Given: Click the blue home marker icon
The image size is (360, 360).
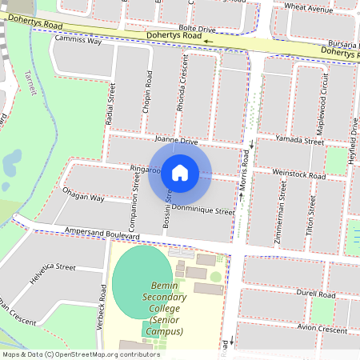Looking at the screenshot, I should pos(180,172).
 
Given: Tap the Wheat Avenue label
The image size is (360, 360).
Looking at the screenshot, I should pos(307,9).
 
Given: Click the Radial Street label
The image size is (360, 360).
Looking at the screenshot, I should pos(111,104).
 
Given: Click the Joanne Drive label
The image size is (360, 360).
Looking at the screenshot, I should pos(177,140).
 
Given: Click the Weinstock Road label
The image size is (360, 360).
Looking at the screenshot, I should pos(299,174).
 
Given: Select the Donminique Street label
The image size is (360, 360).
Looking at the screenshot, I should pos(203,212).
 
